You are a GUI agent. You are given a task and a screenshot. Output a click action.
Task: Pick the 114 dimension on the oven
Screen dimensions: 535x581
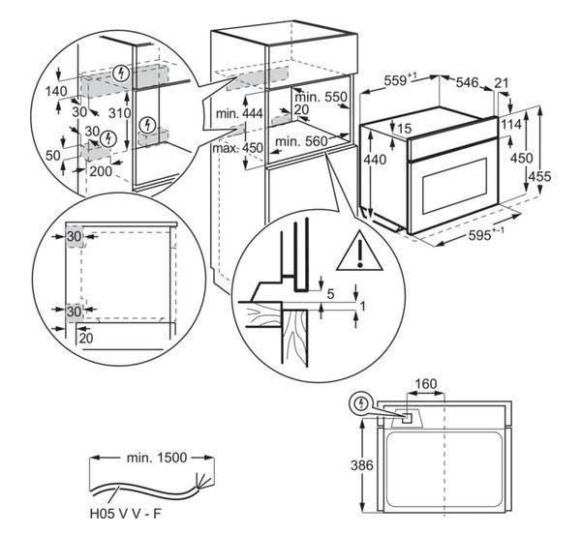pyautogui.click(x=512, y=125)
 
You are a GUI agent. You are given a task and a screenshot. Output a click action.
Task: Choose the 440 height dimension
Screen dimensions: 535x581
pyautogui.click(x=367, y=159)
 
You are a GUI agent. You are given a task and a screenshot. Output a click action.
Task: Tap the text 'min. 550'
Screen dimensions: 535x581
pyautogui.click(x=321, y=98)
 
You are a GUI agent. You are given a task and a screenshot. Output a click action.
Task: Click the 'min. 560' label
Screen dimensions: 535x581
pyautogui.click(x=301, y=142)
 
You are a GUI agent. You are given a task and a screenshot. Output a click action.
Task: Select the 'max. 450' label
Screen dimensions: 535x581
pyautogui.click(x=237, y=148)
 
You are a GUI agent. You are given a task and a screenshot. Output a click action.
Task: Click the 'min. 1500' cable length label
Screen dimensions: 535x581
pyautogui.click(x=155, y=455)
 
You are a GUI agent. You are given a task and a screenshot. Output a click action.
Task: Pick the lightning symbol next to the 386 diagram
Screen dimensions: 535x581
pyautogui.click(x=363, y=401)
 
